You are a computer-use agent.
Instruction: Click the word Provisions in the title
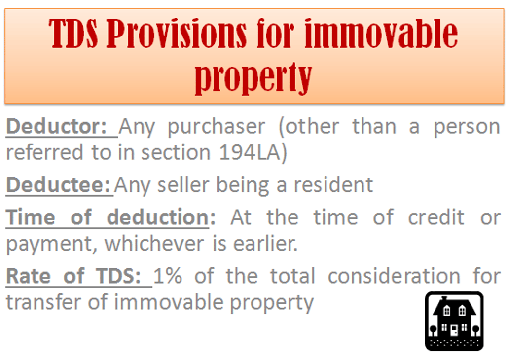coord(176,34)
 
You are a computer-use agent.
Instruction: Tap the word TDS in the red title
coord(73,34)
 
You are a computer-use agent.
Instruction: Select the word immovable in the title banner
coord(381,34)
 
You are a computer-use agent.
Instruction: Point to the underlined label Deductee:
coord(59,185)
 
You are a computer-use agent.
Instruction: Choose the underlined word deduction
coord(157,217)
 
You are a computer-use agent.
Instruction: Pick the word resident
coord(333,185)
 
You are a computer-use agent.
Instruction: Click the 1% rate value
coord(168,276)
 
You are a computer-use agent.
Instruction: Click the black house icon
coord(454,321)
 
